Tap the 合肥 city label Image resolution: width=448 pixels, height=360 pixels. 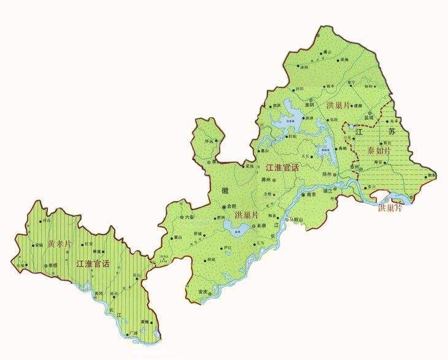click(x=231, y=206)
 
